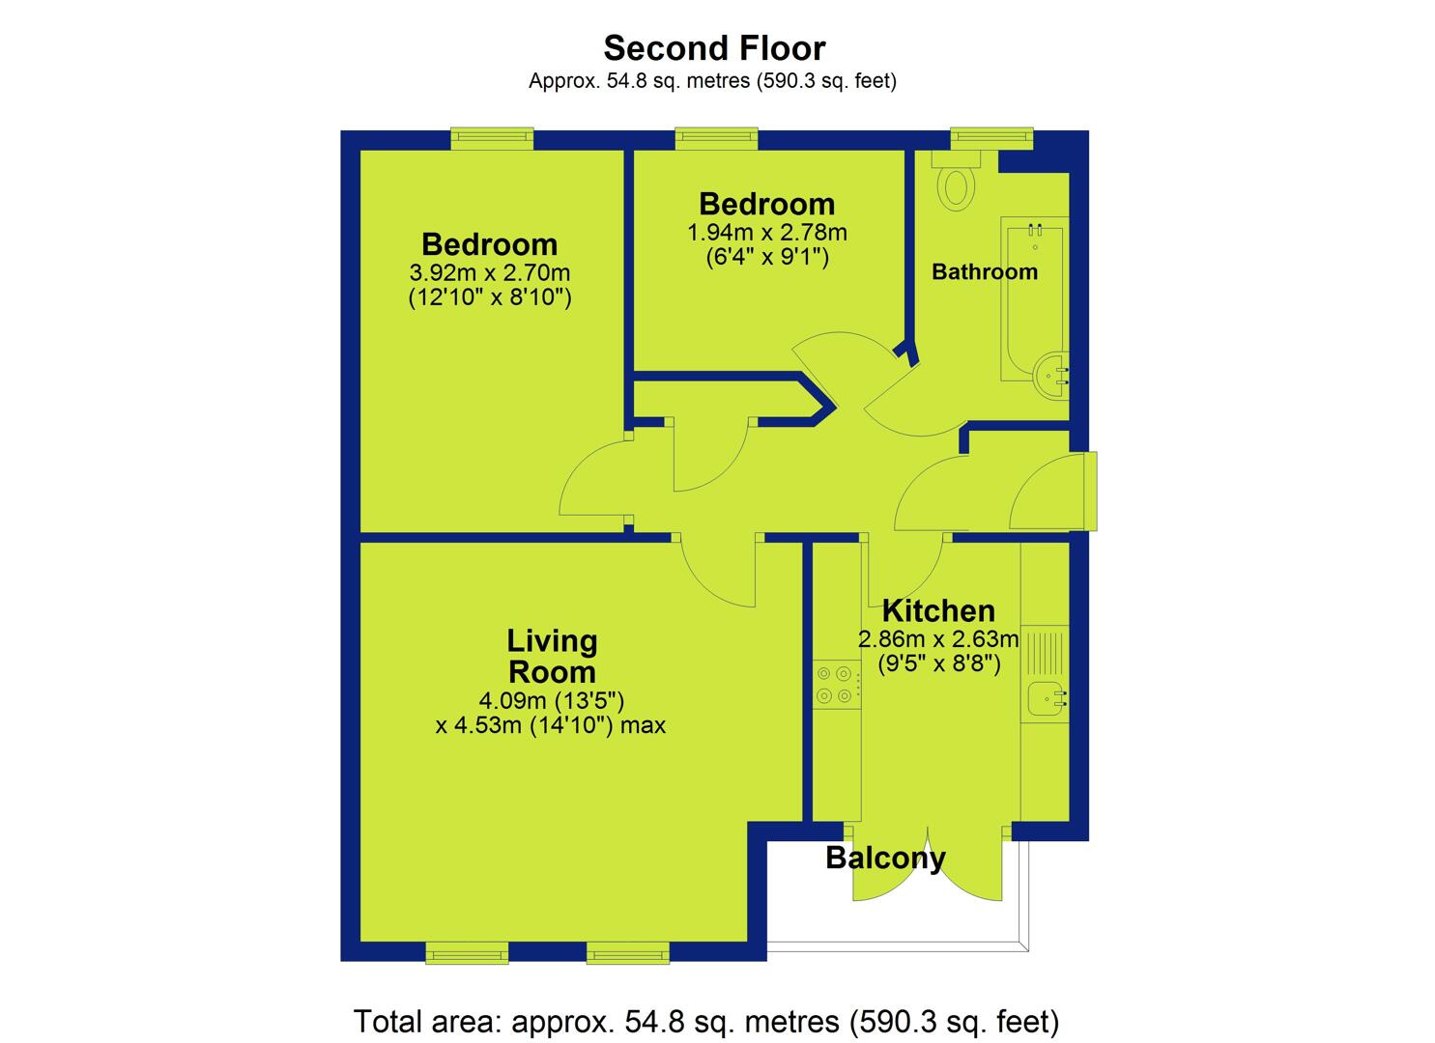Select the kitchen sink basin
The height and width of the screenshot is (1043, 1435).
pyautogui.click(x=1045, y=697)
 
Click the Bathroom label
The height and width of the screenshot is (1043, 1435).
pyautogui.click(x=985, y=271)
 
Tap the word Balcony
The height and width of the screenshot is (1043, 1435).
pyautogui.click(x=885, y=858)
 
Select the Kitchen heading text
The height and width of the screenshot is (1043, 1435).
pyautogui.click(x=938, y=610)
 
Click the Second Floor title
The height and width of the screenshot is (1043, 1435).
pyautogui.click(x=714, y=48)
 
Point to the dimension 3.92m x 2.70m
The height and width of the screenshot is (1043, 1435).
pyautogui.click(x=489, y=272)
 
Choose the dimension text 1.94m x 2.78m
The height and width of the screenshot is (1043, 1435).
pyautogui.click(x=767, y=233)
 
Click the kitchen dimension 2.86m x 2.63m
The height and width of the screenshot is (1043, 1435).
pyautogui.click(x=938, y=639)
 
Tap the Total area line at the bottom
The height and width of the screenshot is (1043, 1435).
pyautogui.click(x=706, y=1021)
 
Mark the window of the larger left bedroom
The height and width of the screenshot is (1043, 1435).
pyautogui.click(x=492, y=138)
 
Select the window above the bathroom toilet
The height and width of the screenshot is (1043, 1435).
pyautogui.click(x=991, y=138)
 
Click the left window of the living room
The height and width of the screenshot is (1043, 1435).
pyautogui.click(x=467, y=953)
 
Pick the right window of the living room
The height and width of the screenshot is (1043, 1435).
pyautogui.click(x=628, y=953)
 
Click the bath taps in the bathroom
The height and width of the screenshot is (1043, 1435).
pyautogui.click(x=1035, y=229)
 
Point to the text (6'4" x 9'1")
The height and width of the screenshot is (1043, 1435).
pyautogui.click(x=767, y=258)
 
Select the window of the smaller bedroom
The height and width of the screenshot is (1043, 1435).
pyautogui.click(x=716, y=138)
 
